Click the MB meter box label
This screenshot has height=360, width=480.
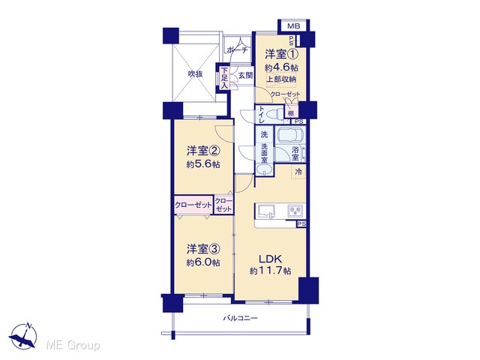pos(293,26)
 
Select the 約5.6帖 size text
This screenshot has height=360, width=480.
pos(203,164)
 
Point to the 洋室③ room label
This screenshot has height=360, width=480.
pos(203,249)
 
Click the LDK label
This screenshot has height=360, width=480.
pos(270,259)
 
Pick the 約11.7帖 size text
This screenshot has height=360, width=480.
pos(270,271)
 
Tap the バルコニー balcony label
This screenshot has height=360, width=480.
pos(240,318)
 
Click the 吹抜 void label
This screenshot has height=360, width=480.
pos(195,74)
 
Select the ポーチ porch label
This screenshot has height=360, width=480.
pos(237,50)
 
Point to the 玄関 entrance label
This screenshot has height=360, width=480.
pos(245,75)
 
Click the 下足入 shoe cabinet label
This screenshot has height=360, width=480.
pos(225,78)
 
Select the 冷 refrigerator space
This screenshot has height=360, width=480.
pos(298,172)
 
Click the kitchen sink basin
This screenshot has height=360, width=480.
pos(266,211)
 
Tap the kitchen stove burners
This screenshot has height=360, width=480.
pos(295,211)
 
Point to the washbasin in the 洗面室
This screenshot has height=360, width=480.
pos(264,170)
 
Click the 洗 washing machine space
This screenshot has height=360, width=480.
pos(264,134)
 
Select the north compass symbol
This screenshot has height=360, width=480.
pos(23,336)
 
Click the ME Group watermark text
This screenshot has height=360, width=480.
pos(73,345)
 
